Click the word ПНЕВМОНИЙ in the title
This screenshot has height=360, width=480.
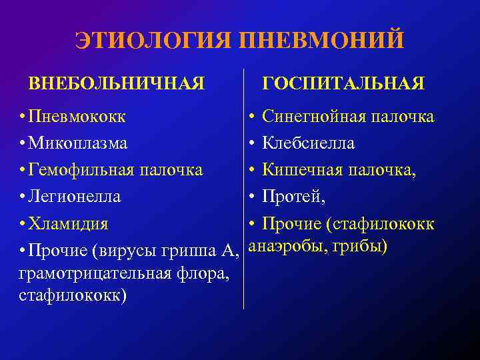317,39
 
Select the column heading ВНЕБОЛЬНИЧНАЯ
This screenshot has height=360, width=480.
116,84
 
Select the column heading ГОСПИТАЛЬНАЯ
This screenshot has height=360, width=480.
343,84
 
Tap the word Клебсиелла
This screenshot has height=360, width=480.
308,143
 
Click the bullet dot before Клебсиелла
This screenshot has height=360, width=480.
251,144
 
